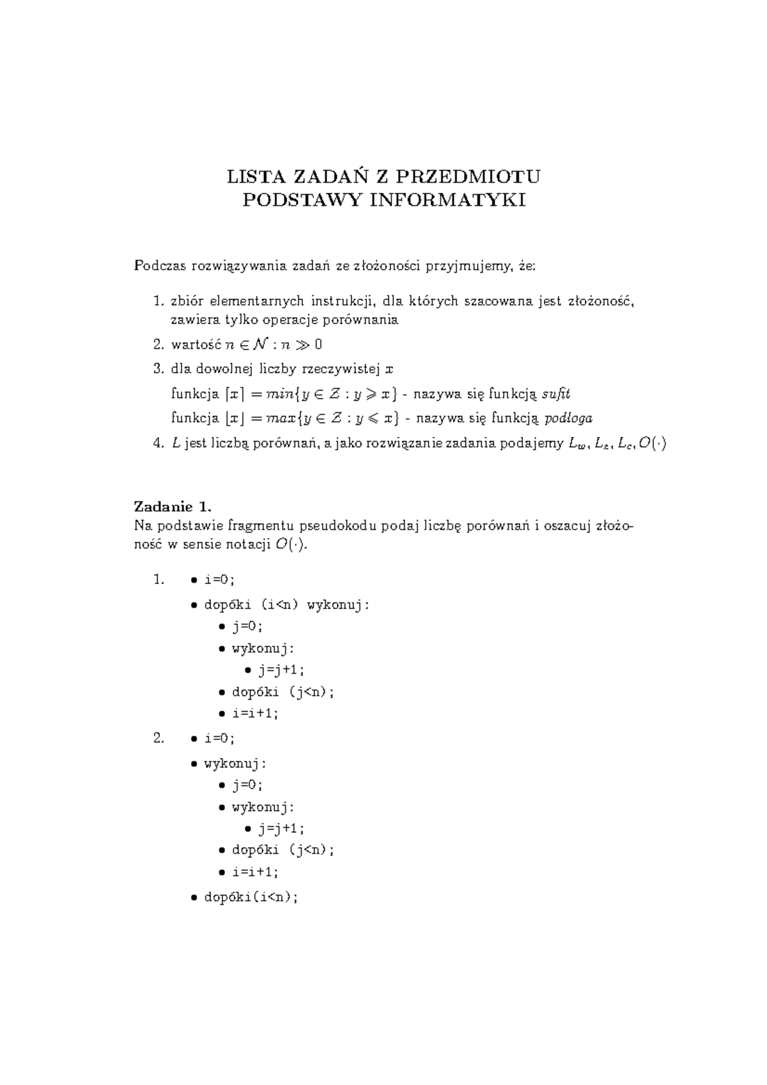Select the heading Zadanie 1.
coord(172,507)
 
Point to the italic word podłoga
coord(568,419)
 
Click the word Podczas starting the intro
coord(157,266)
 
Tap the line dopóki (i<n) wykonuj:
coord(286,604)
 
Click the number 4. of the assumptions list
coord(159,443)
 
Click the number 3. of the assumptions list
coord(159,369)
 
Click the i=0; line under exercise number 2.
coord(219,739)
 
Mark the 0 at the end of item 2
coord(319,344)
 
